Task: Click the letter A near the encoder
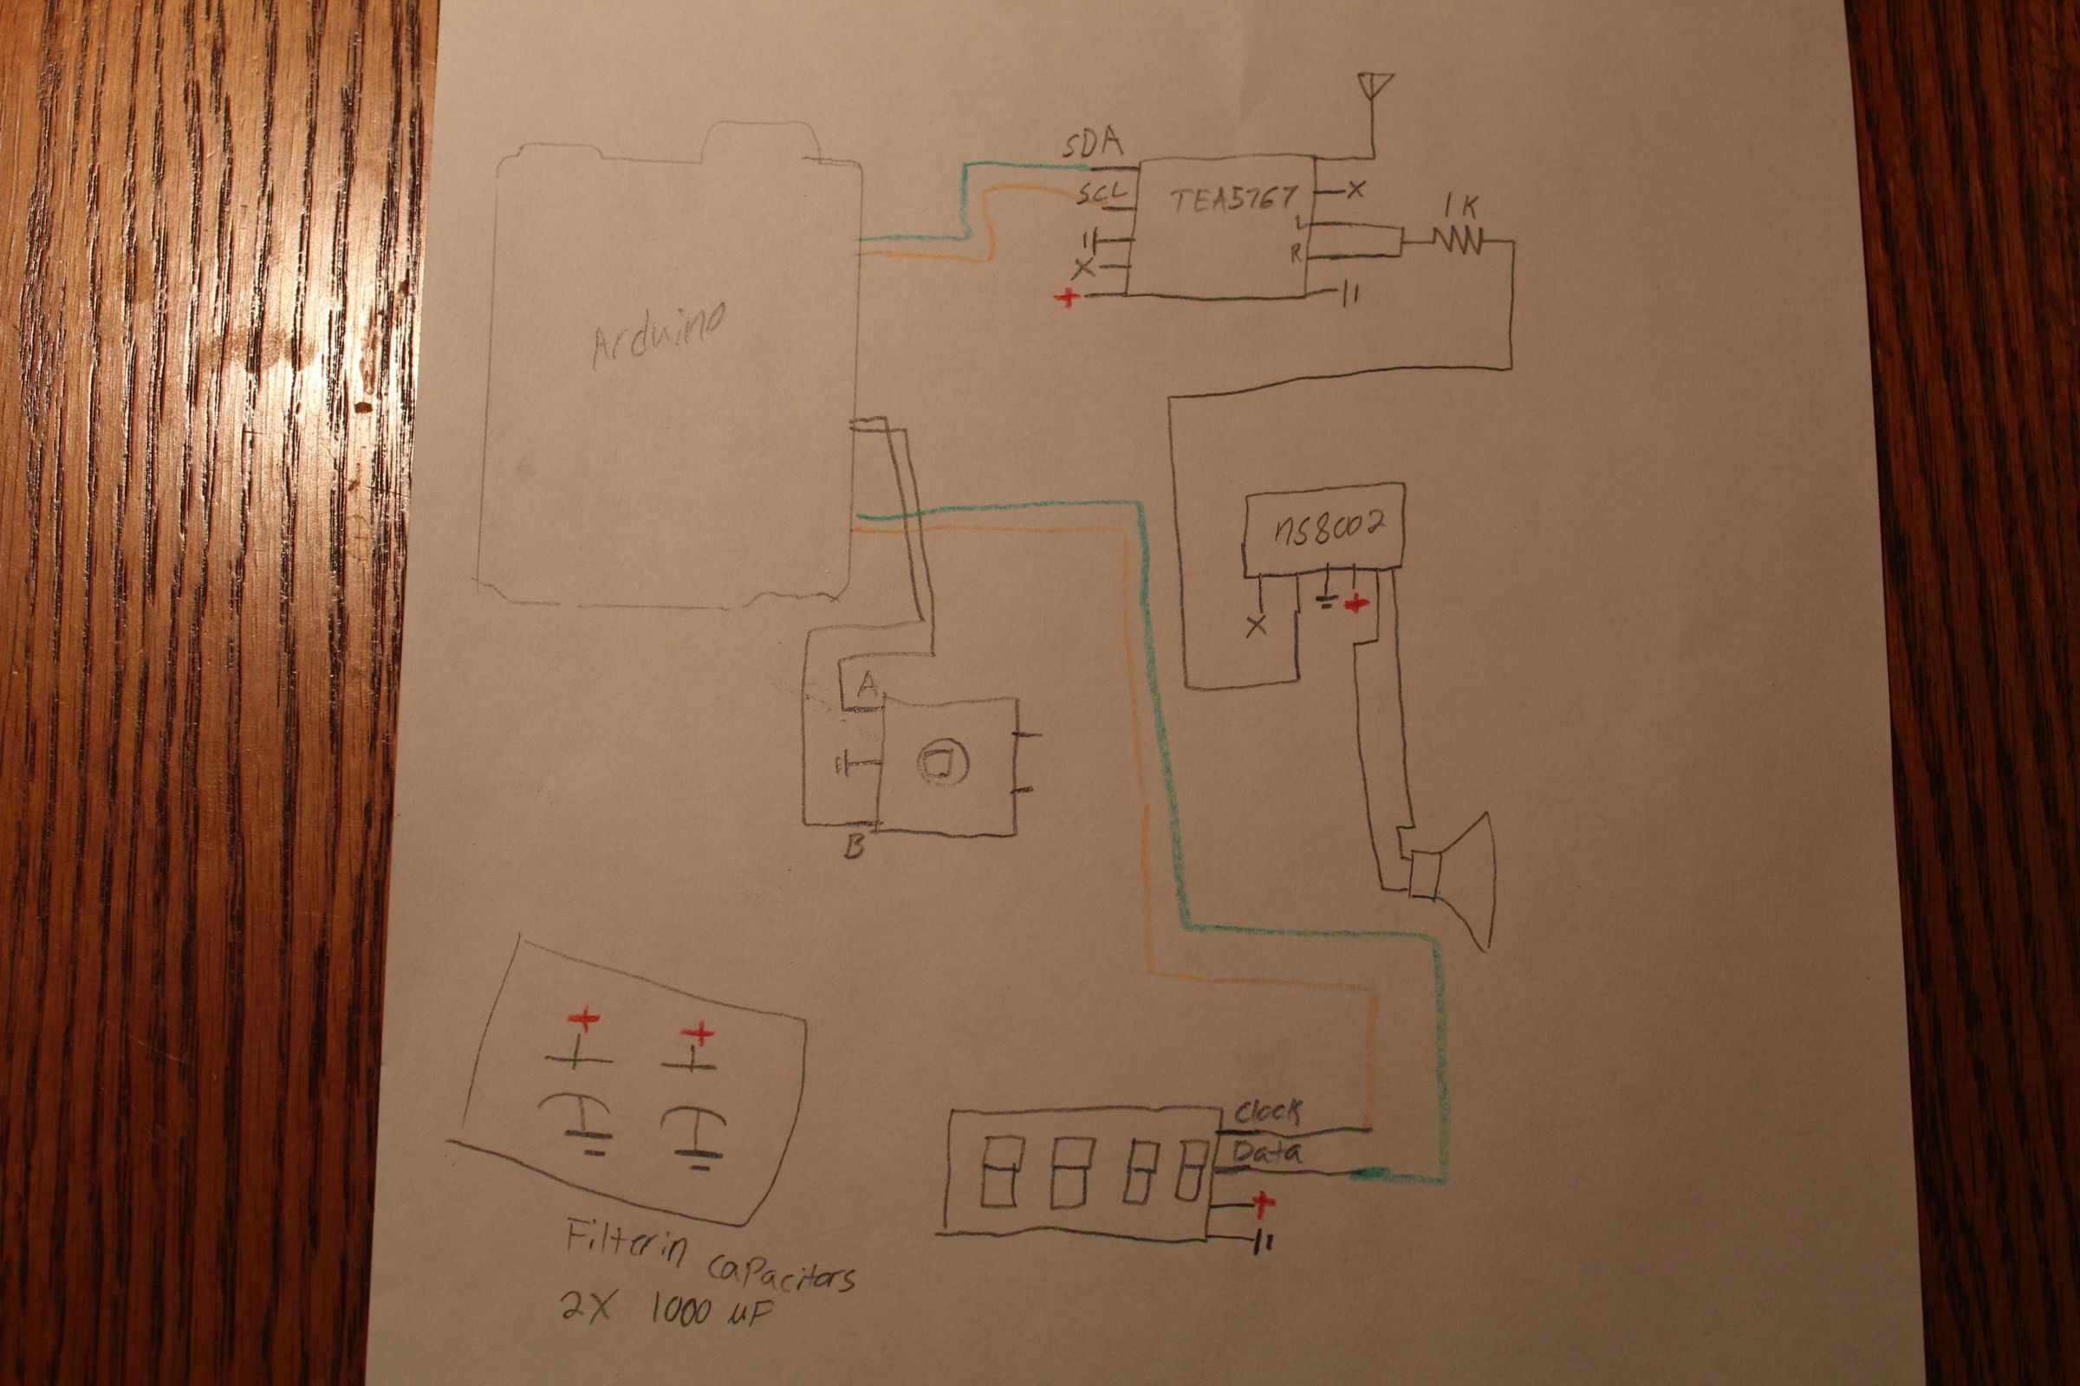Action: click(867, 683)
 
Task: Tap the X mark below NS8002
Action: click(1255, 626)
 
